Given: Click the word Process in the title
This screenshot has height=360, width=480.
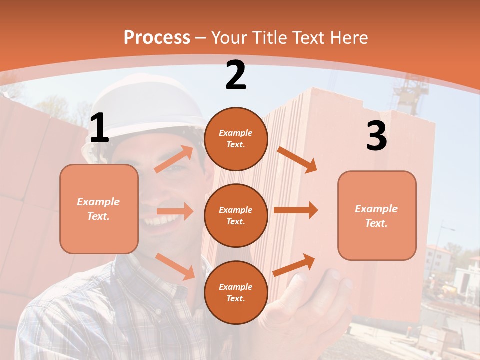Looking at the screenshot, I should click(157, 38).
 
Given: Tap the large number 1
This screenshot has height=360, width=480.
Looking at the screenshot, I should click(99, 128).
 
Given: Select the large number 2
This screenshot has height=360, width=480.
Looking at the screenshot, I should click(236, 75).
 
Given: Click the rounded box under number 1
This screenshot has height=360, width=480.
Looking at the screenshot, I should click(99, 209).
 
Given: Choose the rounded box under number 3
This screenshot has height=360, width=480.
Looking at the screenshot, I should click(377, 215).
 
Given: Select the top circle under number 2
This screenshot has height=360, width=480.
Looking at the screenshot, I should click(236, 139).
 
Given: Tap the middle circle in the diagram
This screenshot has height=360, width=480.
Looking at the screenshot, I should click(236, 215).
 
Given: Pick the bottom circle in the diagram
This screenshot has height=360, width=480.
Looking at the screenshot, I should click(236, 292).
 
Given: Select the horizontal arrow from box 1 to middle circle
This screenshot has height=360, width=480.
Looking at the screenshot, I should click(175, 211).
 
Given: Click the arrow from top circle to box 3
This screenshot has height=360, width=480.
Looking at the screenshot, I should click(297, 159).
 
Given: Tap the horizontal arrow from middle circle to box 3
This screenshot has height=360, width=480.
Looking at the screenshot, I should click(295, 210).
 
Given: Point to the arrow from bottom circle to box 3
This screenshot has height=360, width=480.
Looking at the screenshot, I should click(294, 265).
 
